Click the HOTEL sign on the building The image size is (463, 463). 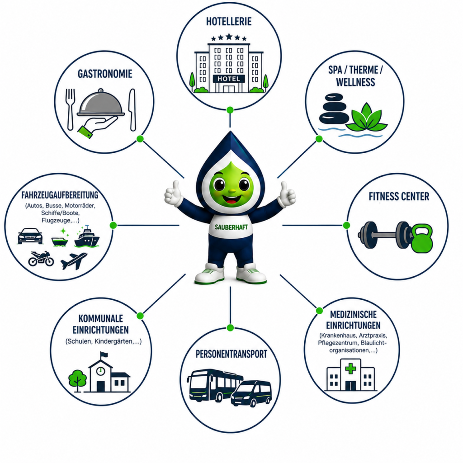(229, 79)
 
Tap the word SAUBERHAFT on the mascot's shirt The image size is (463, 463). (231, 227)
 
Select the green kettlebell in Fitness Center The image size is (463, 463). (422, 238)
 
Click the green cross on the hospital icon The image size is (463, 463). (350, 369)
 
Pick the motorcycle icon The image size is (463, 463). (41, 259)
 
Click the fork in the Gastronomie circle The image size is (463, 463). (70, 109)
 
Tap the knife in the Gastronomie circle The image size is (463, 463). (132, 110)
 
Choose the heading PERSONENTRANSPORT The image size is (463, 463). (231, 354)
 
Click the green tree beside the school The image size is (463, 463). (77, 380)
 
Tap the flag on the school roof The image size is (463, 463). (104, 354)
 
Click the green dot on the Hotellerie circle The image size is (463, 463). (230, 110)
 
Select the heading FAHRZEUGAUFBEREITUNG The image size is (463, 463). (60, 195)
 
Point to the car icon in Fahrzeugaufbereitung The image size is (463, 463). (30, 236)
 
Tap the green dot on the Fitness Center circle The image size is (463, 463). (346, 225)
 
